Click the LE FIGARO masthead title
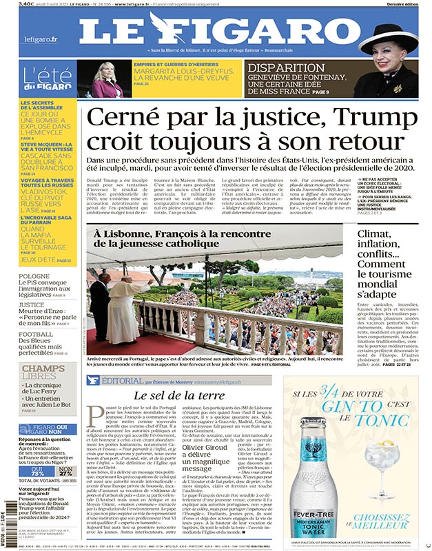point(215,30)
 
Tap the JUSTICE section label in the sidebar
point(32,304)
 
